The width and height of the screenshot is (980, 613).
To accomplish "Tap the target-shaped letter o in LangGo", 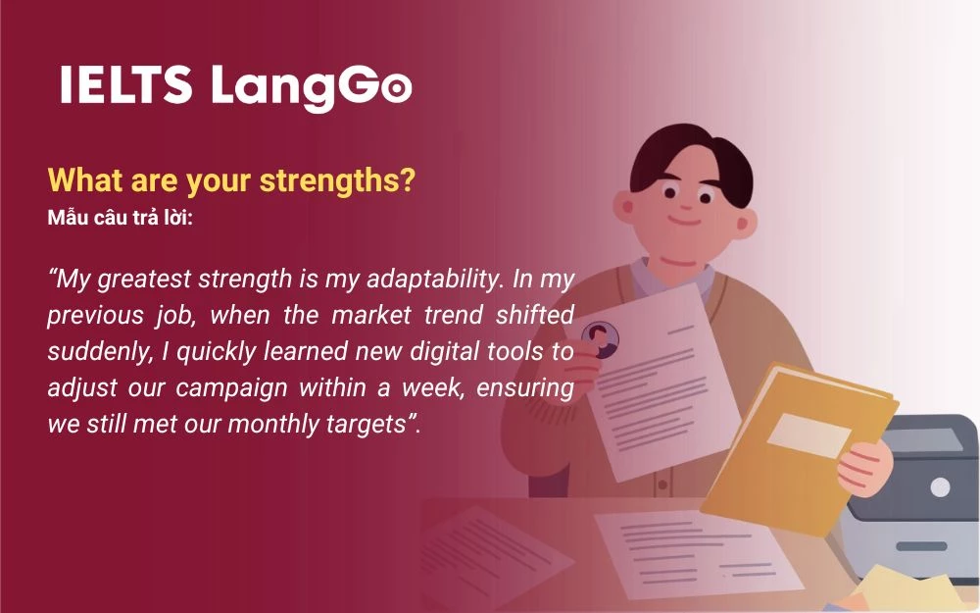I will [x=394, y=89].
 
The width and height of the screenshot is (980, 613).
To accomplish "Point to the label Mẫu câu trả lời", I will [x=120, y=217].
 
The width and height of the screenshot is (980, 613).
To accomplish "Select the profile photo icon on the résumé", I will [x=600, y=338].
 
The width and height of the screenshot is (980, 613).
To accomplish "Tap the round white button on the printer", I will [x=940, y=486].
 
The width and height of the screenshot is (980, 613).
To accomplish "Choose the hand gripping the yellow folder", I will [x=862, y=462].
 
